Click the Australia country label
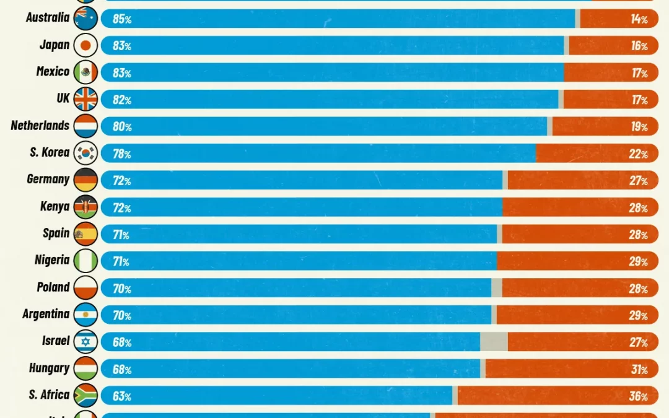coord(48,17)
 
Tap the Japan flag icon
coord(85,45)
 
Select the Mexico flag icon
coord(85,72)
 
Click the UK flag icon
coord(85,99)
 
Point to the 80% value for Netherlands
coord(122,127)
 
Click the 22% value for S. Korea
coord(638,154)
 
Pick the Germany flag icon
coord(85,180)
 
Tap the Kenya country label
coord(55,207)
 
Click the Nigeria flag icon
coord(85,261)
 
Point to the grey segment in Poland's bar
coord(497,288)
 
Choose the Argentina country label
coord(46,314)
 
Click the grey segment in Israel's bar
coord(494,342)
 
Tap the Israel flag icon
coord(85,342)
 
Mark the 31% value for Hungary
coord(639,370)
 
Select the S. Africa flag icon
coord(85,396)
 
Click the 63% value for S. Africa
coord(122,396)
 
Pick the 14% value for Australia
coord(639,19)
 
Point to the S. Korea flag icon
coord(85,153)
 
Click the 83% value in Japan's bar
coord(122,46)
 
